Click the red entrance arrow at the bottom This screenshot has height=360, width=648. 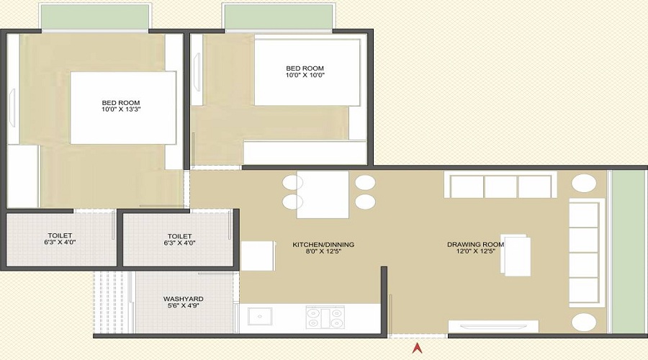(416, 348)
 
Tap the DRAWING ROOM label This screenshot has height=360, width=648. (475, 245)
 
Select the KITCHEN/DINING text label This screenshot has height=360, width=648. (323, 245)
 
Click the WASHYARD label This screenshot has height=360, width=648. (183, 299)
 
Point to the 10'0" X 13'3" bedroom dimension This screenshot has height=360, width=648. (121, 112)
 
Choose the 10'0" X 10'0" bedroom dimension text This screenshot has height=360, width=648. (305, 76)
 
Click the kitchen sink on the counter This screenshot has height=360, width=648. (259, 317)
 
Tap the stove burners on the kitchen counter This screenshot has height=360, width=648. (325, 317)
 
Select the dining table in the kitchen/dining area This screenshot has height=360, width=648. (323, 194)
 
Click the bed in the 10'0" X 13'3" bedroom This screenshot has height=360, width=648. (123, 107)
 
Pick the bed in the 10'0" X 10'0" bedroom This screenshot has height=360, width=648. (307, 72)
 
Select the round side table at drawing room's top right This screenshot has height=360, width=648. (583, 184)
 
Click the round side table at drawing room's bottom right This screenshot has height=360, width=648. (583, 322)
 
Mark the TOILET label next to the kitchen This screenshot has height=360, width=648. (179, 235)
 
